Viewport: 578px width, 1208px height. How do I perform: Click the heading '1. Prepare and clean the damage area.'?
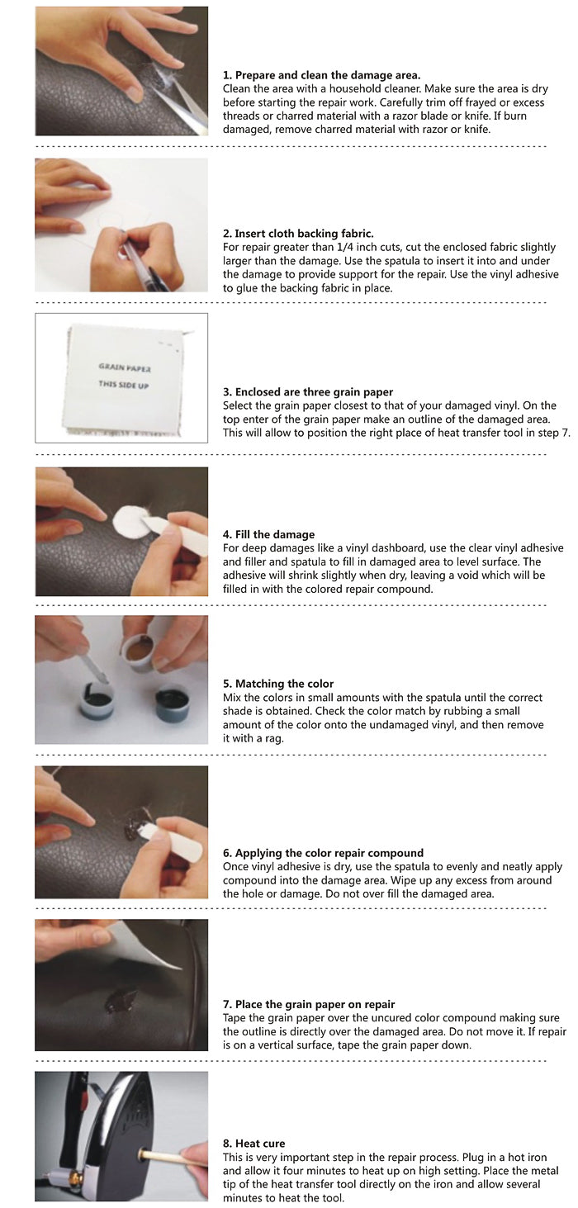click(321, 75)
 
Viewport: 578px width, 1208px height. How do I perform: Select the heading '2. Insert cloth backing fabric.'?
click(298, 234)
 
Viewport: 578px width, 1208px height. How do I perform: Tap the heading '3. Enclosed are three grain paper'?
click(308, 392)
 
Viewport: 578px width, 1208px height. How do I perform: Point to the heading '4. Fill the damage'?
click(268, 534)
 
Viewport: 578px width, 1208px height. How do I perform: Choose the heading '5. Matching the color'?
click(278, 684)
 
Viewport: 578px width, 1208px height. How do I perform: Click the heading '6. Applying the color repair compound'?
click(323, 853)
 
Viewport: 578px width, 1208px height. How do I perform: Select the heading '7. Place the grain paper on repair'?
click(309, 1005)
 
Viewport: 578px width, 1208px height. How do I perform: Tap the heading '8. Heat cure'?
click(254, 1144)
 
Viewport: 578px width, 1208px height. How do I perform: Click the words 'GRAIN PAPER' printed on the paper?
click(125, 367)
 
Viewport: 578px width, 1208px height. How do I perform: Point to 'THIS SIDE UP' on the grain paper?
click(124, 385)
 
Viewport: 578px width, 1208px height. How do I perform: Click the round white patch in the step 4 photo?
click(128, 519)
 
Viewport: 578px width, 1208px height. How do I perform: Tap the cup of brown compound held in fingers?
click(139, 652)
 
